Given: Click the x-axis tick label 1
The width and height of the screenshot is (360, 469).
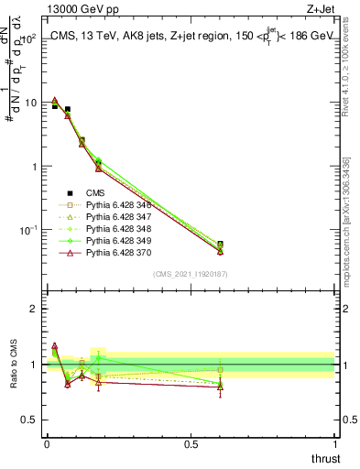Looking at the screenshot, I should pos(334,443).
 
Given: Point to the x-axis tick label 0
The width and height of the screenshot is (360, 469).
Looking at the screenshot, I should pos(46,443).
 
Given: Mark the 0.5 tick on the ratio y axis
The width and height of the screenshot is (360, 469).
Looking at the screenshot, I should pos(32,420).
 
